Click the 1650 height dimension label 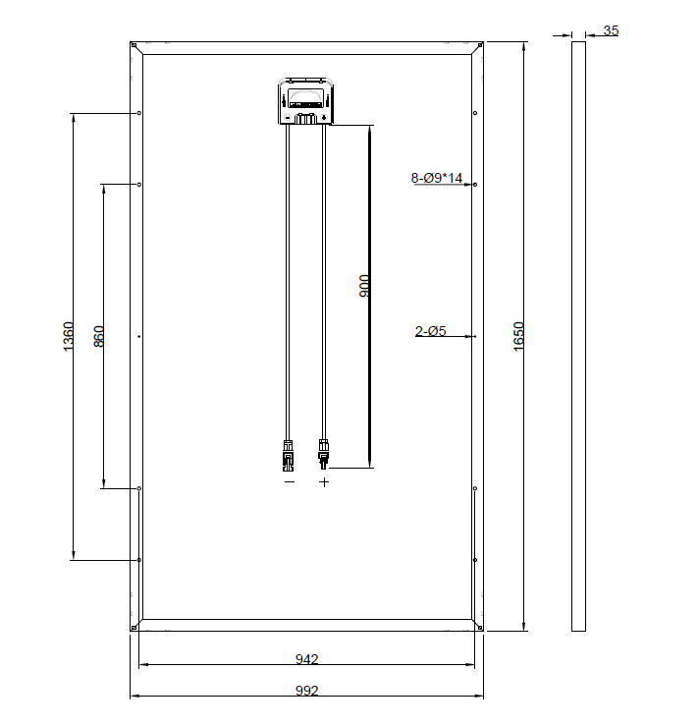(x=518, y=337)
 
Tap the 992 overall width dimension (x=306, y=691)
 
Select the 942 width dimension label (x=306, y=659)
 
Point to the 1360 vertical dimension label (x=68, y=337)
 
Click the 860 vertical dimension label (x=99, y=337)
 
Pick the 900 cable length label (x=364, y=286)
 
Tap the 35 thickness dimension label (x=611, y=30)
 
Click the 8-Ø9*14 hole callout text (x=437, y=178)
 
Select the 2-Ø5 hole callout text (x=430, y=331)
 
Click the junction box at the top (x=305, y=101)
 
